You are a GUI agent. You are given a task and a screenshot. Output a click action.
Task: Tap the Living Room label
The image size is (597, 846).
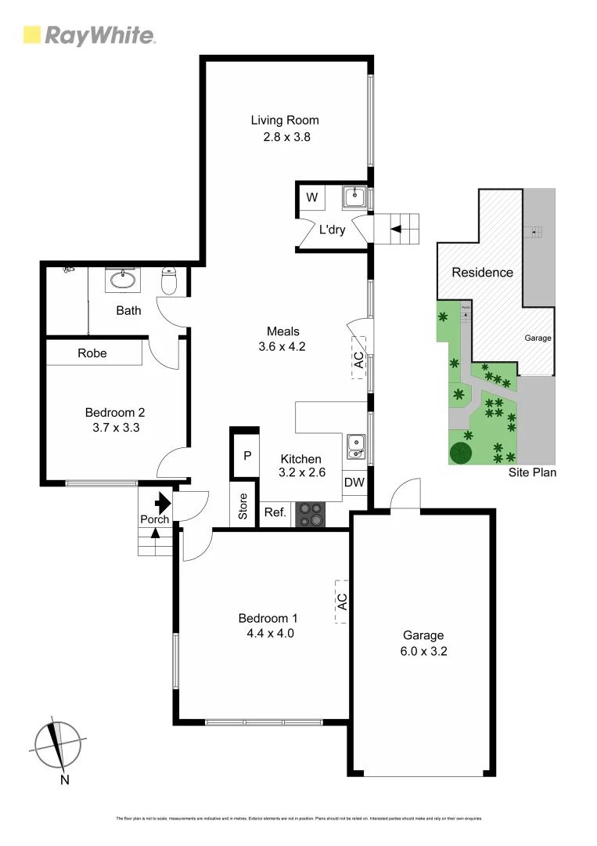(285, 120)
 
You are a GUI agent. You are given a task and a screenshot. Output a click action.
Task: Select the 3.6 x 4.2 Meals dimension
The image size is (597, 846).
(283, 347)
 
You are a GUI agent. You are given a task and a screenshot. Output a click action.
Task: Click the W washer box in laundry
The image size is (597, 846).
(311, 197)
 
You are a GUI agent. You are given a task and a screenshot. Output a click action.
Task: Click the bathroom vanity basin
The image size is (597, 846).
(122, 279)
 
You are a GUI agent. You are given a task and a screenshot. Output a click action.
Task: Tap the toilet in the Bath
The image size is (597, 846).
(168, 281)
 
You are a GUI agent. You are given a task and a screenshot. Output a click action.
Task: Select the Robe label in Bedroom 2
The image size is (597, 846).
(92, 353)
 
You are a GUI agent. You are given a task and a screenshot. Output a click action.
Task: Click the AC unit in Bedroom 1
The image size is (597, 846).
(342, 602)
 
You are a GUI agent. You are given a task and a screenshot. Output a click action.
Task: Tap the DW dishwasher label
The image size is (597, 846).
(354, 483)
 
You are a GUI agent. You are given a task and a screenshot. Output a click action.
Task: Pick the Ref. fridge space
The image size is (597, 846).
(275, 514)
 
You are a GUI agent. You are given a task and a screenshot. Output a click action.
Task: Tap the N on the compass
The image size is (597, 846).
(66, 779)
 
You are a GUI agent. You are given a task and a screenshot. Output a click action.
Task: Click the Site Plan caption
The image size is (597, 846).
(531, 472)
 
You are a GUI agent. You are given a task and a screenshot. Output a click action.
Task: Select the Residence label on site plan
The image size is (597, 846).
(482, 273)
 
